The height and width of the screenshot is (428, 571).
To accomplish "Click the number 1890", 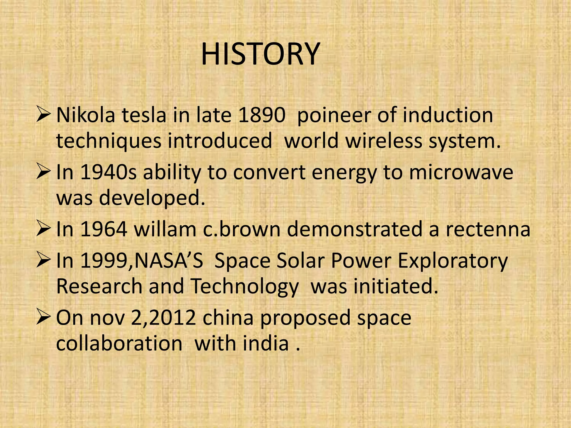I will click(x=262, y=115).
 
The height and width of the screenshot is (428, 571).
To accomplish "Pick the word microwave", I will click(x=461, y=172).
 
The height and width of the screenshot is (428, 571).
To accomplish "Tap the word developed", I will click(x=152, y=198).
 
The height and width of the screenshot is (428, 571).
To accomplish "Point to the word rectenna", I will click(x=488, y=229).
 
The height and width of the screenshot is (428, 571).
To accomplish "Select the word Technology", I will click(x=245, y=287).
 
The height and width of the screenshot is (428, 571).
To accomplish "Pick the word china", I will click(x=228, y=318).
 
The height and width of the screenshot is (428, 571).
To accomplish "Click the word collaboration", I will click(x=119, y=343).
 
